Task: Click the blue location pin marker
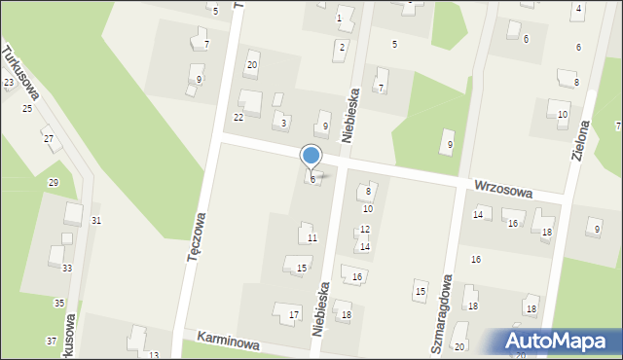tap(311, 156)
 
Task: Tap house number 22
tap(238, 118)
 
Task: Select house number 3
tap(283, 123)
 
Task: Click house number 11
tap(311, 238)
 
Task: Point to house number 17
tap(294, 314)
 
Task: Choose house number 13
tap(154, 355)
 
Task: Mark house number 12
tap(365, 230)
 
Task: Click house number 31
tap(96, 221)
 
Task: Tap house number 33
tap(67, 268)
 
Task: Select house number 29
tap(54, 183)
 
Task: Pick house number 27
tap(48, 139)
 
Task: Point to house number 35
tap(59, 304)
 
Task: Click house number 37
tap(51, 341)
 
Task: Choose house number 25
tap(27, 107)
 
